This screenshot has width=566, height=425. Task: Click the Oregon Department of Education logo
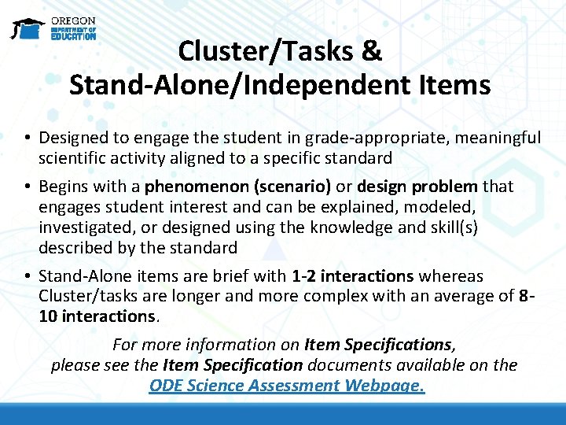(x=53, y=28)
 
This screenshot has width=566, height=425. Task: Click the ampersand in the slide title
(x=371, y=51)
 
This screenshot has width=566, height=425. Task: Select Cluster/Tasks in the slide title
(x=264, y=51)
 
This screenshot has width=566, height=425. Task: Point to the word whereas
(x=450, y=276)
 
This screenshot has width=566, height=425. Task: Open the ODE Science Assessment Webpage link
(x=287, y=386)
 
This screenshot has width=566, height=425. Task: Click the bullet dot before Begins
(x=27, y=187)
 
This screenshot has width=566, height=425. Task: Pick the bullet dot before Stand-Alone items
(x=27, y=277)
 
